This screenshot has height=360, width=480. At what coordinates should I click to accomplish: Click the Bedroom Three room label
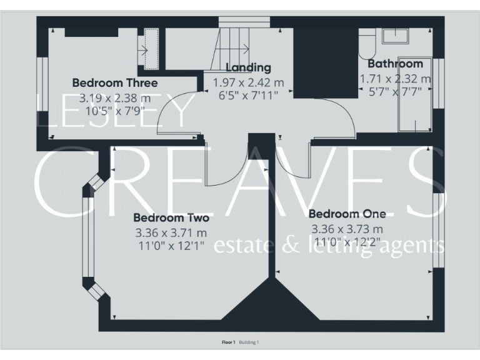[115, 82]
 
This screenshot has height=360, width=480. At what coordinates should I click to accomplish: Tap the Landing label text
[248, 67]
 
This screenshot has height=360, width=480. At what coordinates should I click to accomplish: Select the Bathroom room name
[395, 64]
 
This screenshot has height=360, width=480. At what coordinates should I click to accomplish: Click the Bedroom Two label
[171, 218]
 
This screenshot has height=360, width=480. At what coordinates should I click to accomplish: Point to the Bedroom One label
[347, 212]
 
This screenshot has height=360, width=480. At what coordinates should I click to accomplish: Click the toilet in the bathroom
[366, 42]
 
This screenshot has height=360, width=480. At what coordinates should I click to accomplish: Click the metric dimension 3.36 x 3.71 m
[171, 232]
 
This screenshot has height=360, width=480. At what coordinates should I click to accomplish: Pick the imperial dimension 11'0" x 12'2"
[347, 241]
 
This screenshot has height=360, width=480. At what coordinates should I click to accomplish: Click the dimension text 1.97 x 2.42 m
[249, 82]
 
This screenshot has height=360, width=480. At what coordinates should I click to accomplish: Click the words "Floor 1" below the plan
[229, 342]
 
